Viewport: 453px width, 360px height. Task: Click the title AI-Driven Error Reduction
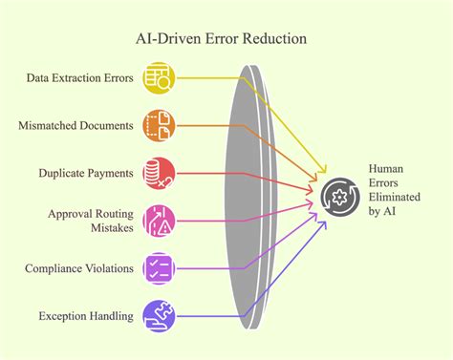(x=226, y=41)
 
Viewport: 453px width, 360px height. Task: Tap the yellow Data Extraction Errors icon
(x=159, y=79)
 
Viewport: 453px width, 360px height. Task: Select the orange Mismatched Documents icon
(x=159, y=126)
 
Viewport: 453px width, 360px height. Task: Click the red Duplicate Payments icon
(x=159, y=173)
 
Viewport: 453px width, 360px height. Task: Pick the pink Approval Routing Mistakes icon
(x=159, y=220)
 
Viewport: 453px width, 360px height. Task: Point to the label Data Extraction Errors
(x=79, y=79)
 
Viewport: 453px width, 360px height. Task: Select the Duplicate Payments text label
(x=85, y=173)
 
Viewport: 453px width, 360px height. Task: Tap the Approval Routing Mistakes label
(x=89, y=220)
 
